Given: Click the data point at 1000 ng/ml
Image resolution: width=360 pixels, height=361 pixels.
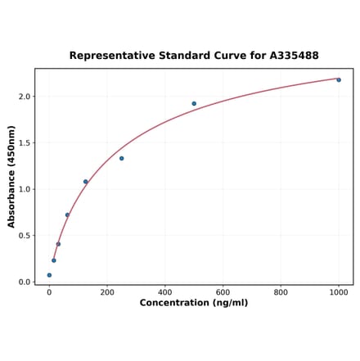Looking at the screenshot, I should [x=339, y=79].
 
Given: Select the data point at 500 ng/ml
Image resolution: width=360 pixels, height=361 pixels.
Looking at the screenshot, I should [x=194, y=104].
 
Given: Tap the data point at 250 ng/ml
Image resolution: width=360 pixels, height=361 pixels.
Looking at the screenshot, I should [x=122, y=158].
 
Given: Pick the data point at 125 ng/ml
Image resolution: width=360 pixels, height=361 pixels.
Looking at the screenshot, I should [x=85, y=182].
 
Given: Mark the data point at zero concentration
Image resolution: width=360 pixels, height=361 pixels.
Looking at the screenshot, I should [x=49, y=275].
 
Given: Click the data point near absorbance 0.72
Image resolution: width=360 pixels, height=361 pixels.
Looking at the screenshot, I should [x=67, y=215].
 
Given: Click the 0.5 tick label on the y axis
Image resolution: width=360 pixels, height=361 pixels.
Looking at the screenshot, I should [x=25, y=236].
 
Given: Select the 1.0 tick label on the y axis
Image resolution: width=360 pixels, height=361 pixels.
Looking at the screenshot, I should [x=25, y=189].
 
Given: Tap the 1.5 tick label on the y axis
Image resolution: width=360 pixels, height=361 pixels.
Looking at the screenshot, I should [x=25, y=143].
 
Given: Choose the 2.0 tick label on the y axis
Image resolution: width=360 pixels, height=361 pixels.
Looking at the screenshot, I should [x=25, y=97].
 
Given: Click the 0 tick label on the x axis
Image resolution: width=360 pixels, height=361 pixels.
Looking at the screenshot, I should [x=49, y=292].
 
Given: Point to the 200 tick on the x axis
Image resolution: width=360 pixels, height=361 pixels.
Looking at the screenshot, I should [x=107, y=292].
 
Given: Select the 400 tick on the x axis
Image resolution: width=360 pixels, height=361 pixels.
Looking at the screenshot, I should [x=165, y=292].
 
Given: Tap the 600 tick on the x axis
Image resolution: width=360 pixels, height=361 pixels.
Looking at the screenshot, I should [x=223, y=292].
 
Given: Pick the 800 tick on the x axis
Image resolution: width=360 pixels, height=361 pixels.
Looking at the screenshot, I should [x=281, y=292].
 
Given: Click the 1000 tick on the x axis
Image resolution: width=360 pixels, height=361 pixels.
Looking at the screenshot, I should [x=339, y=292].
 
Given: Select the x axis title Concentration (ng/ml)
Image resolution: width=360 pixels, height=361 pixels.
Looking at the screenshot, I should [x=194, y=304].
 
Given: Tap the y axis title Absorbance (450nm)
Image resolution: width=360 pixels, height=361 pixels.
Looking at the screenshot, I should [x=11, y=177].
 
